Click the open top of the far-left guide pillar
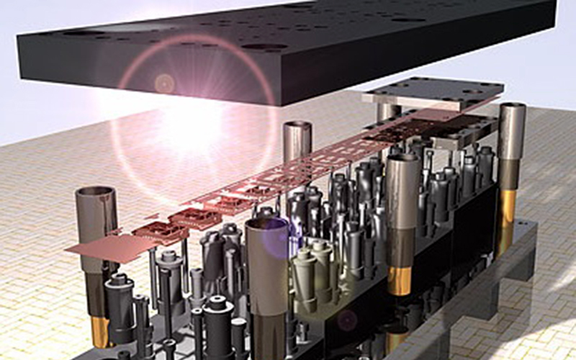point(96,195)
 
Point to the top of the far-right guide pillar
point(512,109)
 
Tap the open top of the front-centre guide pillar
point(267,228)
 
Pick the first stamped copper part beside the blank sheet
point(161,231)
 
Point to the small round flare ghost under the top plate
point(164,83)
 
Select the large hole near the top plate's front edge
point(264,48)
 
